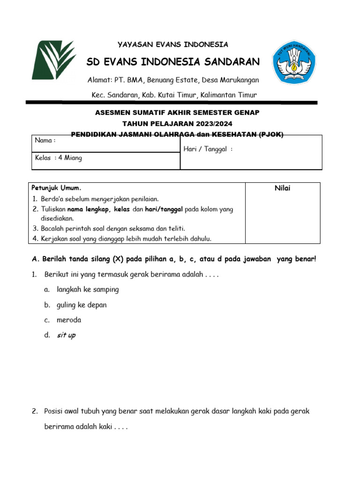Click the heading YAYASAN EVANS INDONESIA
[x=173, y=45]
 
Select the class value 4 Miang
[x=70, y=158]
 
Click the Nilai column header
[x=283, y=188]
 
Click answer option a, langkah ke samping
[x=88, y=290]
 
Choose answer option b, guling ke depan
[x=82, y=305]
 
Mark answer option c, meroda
[x=69, y=320]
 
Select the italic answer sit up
[x=66, y=336]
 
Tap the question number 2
[x=35, y=411]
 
